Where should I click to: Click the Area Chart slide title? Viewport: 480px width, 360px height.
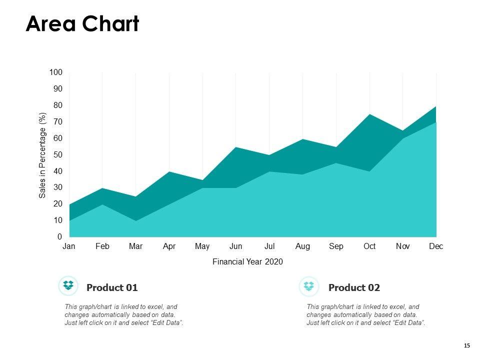coord(82,23)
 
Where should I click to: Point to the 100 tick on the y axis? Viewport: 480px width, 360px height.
coord(56,72)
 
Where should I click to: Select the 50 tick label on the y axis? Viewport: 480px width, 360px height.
coord(58,155)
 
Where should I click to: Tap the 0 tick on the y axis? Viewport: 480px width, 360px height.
coord(60,237)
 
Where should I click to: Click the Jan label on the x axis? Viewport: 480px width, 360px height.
coord(69,246)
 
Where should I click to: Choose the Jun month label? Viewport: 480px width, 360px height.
coord(236,246)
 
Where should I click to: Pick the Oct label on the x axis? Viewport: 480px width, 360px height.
coord(369,246)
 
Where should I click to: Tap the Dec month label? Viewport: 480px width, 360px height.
coord(436,246)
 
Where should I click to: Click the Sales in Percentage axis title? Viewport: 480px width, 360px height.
coord(42,155)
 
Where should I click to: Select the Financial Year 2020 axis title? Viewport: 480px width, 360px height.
coord(248,261)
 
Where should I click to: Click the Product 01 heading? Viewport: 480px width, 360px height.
coord(112,287)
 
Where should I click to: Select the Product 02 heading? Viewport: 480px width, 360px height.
coord(354,287)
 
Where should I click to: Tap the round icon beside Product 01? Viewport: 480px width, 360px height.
coord(68,286)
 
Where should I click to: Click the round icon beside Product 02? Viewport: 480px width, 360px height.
coord(309,286)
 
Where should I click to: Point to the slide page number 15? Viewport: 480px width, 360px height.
coord(467,345)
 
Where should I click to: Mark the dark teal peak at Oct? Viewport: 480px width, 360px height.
coord(369,115)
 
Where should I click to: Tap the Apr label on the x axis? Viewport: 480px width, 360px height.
coord(169,246)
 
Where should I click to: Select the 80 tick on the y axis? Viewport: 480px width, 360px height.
coord(58,105)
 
